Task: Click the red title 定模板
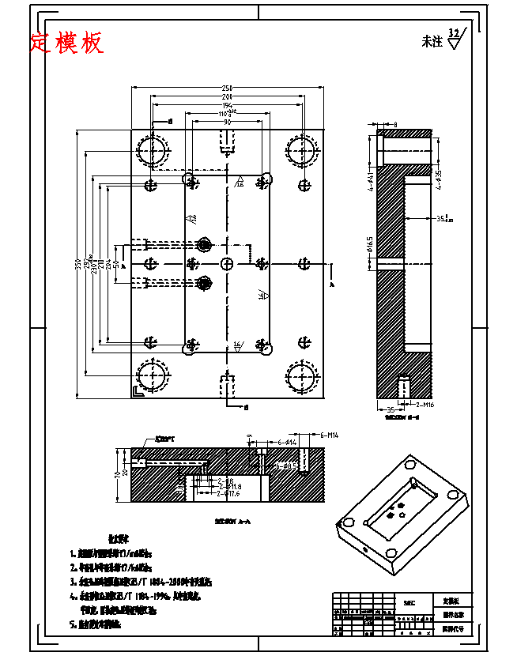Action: click(67, 43)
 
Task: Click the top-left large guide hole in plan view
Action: click(152, 150)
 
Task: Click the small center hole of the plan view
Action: click(227, 262)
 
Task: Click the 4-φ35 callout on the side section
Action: click(437, 177)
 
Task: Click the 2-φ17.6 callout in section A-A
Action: click(227, 495)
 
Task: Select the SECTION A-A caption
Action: click(227, 521)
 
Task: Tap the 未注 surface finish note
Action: click(432, 42)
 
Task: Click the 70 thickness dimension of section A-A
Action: click(116, 473)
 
